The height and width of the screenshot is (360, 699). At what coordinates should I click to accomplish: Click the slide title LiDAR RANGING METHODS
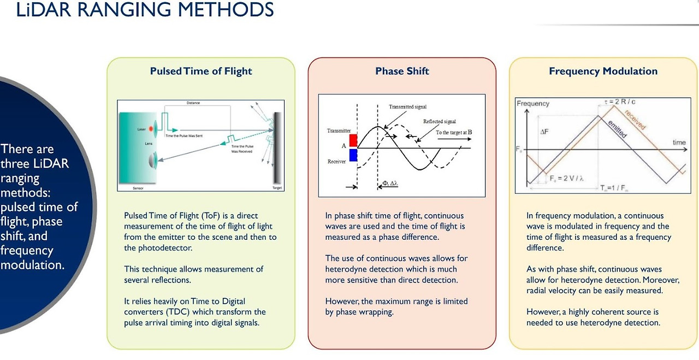(145, 10)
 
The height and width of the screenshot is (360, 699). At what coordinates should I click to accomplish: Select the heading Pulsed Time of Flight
(201, 71)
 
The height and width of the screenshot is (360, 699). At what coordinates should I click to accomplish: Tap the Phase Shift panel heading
(402, 71)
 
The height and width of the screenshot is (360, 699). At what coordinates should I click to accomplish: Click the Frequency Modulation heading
(603, 71)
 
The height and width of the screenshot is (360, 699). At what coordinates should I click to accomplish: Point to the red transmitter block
(353, 140)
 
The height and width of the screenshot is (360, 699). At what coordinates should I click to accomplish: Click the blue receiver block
(353, 155)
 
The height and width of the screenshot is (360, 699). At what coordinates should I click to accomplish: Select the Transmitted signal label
(407, 107)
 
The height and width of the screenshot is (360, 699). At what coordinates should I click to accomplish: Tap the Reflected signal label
(440, 121)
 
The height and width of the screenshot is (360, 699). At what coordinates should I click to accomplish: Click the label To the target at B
(454, 132)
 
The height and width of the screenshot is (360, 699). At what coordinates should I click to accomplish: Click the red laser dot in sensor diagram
(151, 129)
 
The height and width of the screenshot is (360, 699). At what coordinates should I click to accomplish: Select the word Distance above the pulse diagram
(193, 103)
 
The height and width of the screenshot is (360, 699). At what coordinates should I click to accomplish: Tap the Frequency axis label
(533, 103)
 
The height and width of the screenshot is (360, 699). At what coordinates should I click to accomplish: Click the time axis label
(679, 143)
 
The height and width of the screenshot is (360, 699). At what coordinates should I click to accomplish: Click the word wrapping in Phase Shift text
(377, 312)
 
